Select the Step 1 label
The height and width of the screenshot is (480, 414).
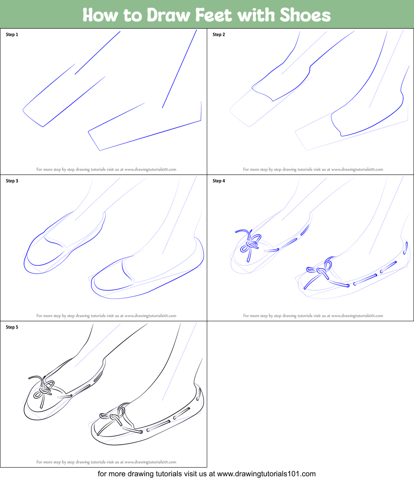(12, 34)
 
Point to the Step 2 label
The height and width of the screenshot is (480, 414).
(219, 34)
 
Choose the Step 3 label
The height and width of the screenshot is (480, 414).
(12, 181)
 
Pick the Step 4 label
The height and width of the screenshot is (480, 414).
(219, 181)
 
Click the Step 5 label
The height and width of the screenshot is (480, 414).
(12, 327)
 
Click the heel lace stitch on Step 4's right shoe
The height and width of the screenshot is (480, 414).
(406, 248)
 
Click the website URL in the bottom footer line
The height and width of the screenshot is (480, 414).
(266, 474)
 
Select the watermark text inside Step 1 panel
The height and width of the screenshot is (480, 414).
(106, 169)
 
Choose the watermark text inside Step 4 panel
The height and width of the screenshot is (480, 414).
(313, 315)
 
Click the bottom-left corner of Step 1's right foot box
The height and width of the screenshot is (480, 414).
(100, 150)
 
